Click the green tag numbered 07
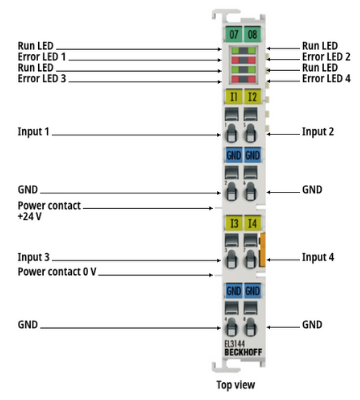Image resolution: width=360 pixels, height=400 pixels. (x=234, y=34)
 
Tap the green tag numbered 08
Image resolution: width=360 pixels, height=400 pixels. (x=252, y=34)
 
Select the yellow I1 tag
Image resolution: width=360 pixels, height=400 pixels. (x=234, y=97)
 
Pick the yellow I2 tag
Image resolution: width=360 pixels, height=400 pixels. (x=252, y=97)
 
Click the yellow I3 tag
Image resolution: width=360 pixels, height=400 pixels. (x=234, y=223)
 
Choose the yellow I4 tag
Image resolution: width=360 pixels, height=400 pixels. (x=252, y=223)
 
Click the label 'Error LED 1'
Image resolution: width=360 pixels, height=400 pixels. (x=42, y=57)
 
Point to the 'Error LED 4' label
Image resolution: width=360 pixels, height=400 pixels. (x=326, y=79)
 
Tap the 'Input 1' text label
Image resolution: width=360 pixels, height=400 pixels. (x=33, y=132)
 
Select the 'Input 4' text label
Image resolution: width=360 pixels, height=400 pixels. (x=318, y=257)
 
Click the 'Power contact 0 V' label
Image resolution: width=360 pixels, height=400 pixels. (x=57, y=272)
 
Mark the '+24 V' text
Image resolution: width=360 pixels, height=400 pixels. (x=30, y=217)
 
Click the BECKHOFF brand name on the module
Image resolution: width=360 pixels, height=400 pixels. (x=243, y=352)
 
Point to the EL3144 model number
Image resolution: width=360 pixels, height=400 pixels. (x=235, y=344)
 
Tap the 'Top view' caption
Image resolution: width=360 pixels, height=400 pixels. (x=236, y=385)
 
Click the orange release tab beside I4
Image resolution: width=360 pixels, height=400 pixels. (x=262, y=250)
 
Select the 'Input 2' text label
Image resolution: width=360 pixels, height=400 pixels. (x=318, y=132)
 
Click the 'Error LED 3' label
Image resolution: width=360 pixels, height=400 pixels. (x=42, y=79)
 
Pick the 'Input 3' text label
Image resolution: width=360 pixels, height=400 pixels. (x=33, y=257)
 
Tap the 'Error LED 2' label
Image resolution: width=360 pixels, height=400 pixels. (x=326, y=57)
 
